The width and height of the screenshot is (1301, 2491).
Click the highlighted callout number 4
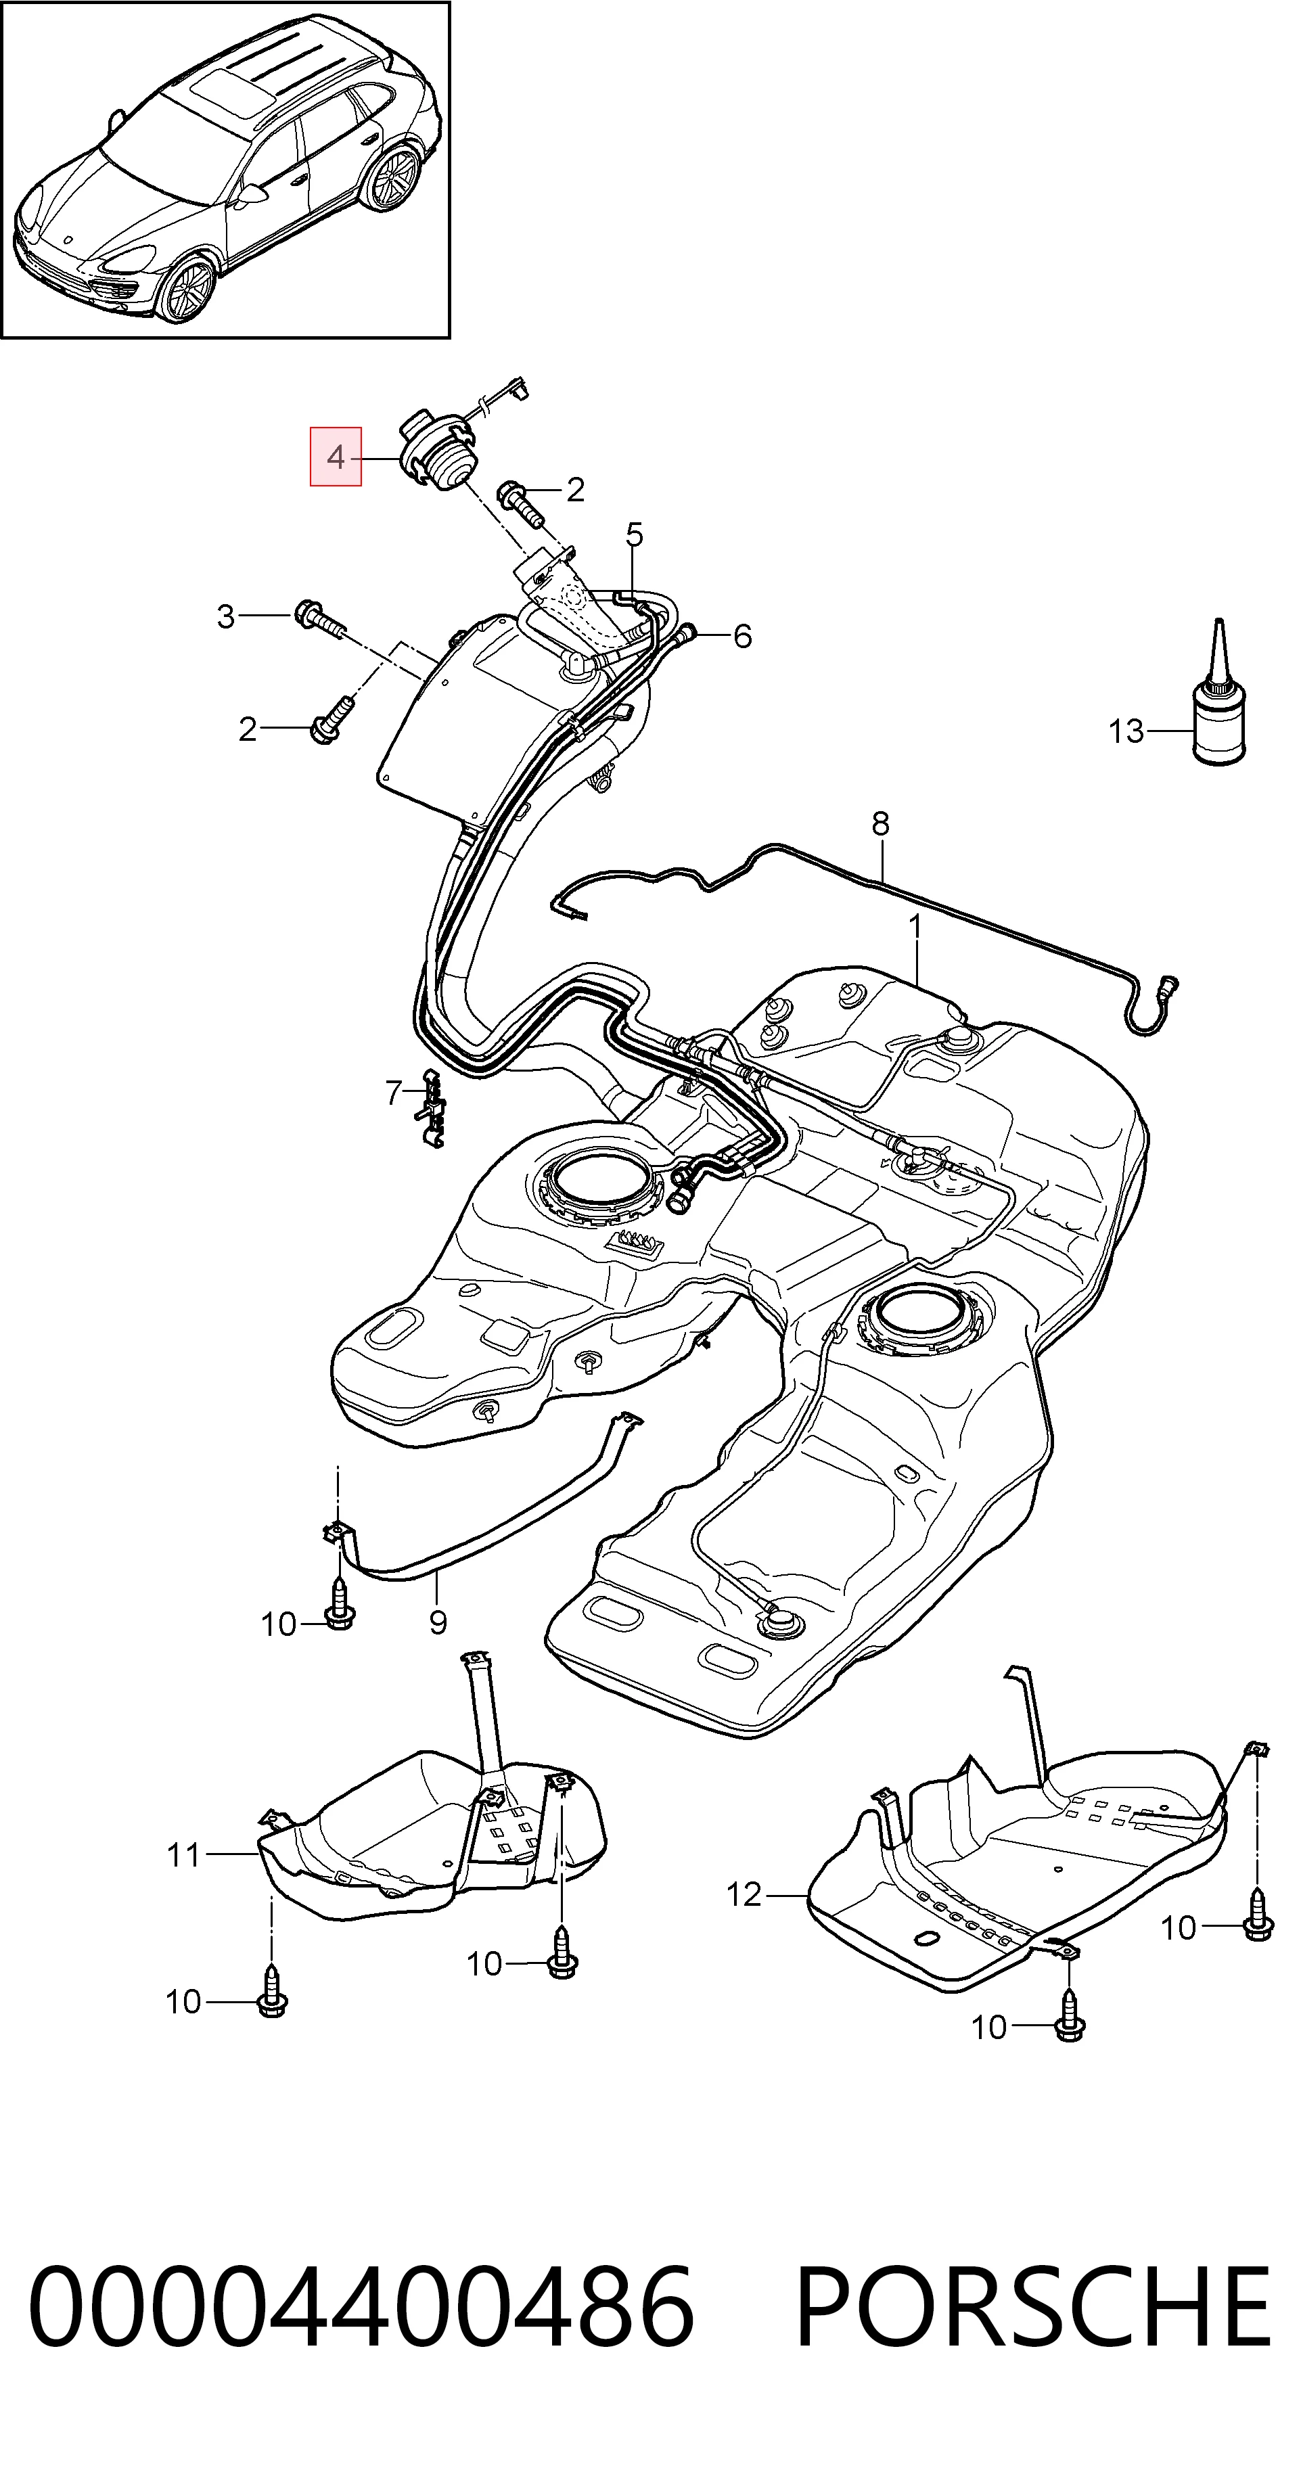coord(335,457)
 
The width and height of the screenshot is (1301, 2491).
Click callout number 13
coord(1126,732)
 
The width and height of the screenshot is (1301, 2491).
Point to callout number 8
coord(880,824)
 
